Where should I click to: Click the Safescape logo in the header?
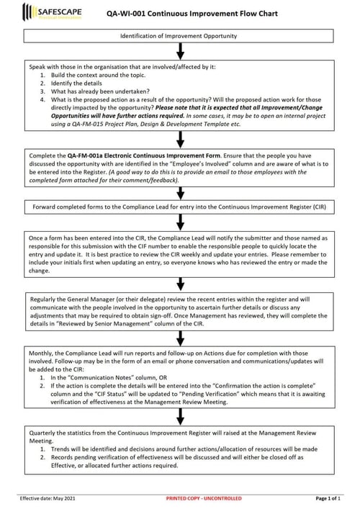pyautogui.click(x=53, y=12)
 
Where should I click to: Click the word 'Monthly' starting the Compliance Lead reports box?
pyautogui.click(x=42, y=354)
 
